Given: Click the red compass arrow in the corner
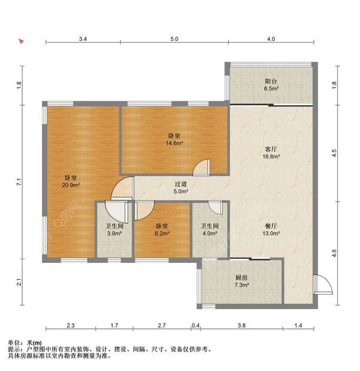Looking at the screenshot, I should tap(21, 42).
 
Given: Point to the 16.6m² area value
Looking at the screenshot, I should tap(271, 156).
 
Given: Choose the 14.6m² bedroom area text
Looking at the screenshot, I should tap(175, 143).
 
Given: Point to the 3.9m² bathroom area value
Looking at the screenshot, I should tap(114, 234).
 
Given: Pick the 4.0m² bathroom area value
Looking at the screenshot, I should tap(206, 234).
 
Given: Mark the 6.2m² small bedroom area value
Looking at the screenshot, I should tap(161, 234).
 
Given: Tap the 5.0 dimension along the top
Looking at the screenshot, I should tap(173, 39).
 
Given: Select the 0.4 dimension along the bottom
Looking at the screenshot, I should tap(196, 326).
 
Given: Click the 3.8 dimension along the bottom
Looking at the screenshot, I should tap(241, 326).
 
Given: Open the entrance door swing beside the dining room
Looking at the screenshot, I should tap(320, 283).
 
